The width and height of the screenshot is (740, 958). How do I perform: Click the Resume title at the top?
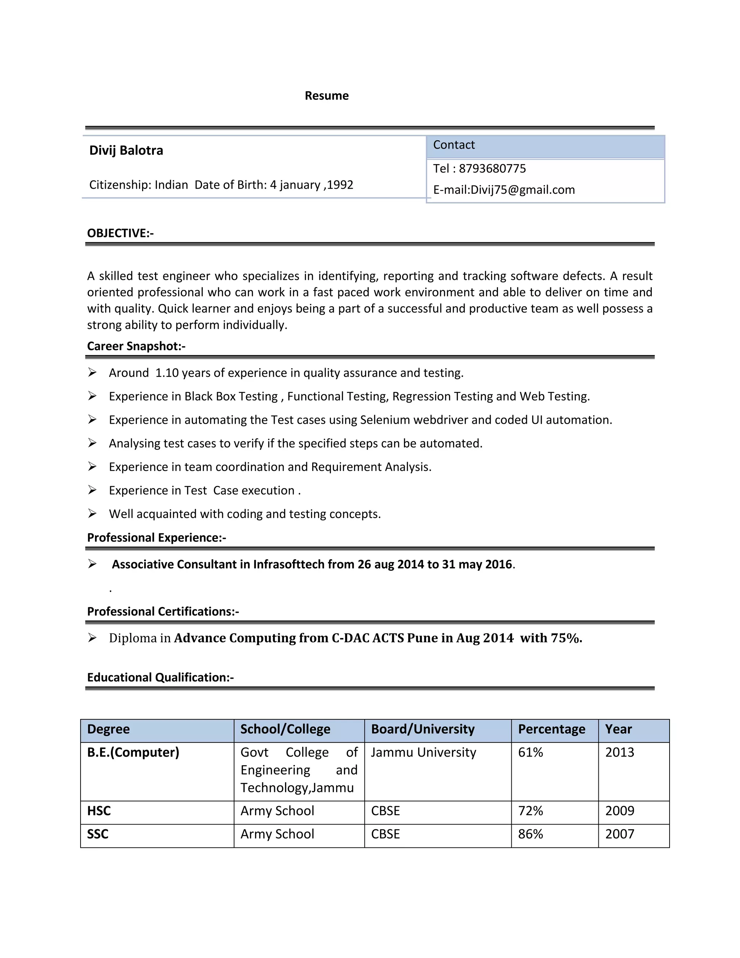pos(327,96)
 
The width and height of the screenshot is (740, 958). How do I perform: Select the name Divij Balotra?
pos(126,150)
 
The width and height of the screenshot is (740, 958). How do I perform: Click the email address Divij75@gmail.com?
pos(522,190)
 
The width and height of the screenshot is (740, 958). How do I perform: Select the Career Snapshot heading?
pos(136,346)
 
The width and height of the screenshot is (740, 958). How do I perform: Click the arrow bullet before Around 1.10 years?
pos(92,372)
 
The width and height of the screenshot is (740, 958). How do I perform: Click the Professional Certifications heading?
pos(163,611)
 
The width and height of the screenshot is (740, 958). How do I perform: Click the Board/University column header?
pos(423,729)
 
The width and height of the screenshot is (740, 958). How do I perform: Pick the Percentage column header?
pos(551,729)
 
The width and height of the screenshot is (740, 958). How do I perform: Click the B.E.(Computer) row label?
pos(133,752)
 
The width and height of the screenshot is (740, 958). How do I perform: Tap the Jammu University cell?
pos(423,752)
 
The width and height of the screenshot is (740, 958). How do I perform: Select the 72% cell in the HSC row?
pos(530,811)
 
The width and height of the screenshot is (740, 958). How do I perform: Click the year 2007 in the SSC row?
pos(619,834)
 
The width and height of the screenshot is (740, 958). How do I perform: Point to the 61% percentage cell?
pos(530,752)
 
